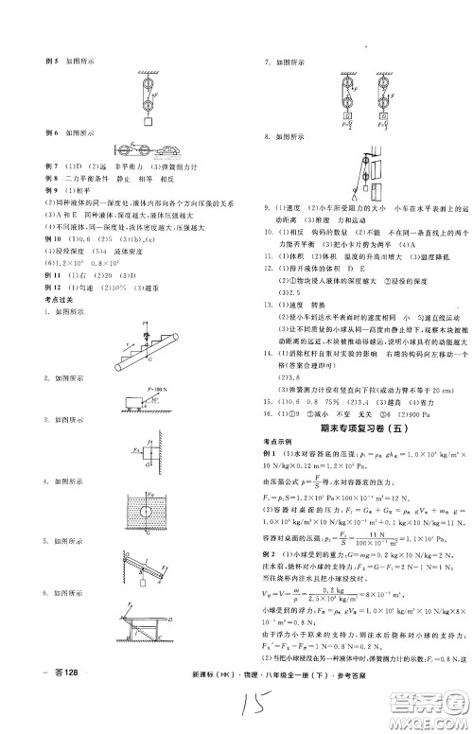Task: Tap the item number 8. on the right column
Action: click(x=269, y=135)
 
